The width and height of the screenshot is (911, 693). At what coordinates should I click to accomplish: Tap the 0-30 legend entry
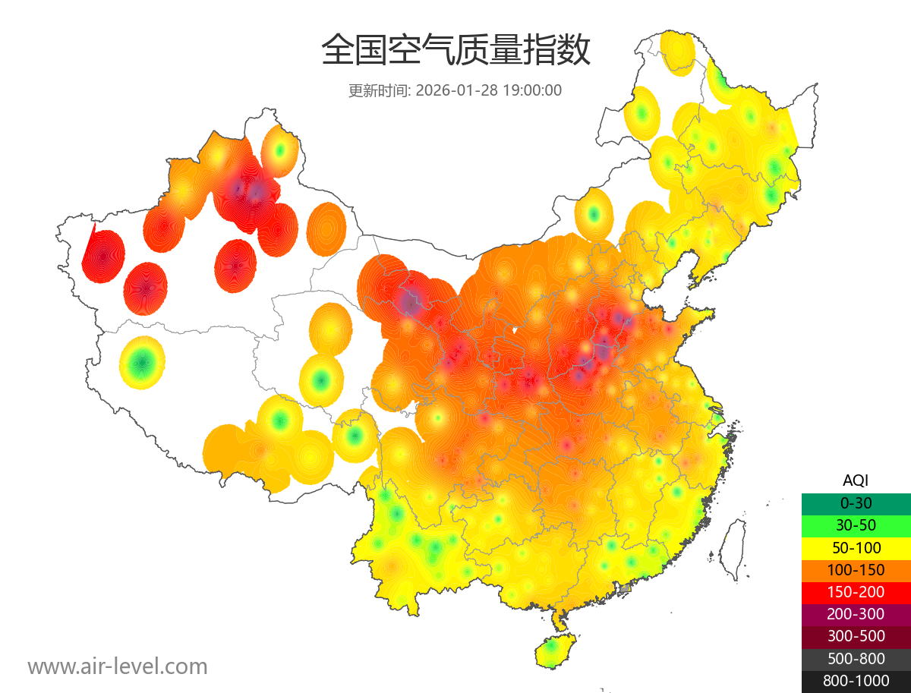coord(856,503)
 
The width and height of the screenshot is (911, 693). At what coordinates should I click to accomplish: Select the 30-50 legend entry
coord(856,525)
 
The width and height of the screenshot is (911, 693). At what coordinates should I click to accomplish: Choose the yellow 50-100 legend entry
coord(856,548)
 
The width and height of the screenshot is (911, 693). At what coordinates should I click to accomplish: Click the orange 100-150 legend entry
coord(856,570)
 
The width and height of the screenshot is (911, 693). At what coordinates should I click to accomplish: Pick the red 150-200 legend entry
coord(856,592)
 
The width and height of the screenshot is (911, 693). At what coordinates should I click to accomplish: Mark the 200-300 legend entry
coord(856,614)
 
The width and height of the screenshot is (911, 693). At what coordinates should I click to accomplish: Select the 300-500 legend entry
coord(856,636)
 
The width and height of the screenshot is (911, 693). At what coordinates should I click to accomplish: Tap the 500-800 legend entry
coord(856,658)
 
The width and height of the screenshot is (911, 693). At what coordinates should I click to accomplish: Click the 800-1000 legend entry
coord(856,681)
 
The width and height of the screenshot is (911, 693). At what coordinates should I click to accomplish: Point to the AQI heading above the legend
coord(856,480)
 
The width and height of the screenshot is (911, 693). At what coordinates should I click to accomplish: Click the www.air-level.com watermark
coord(118,667)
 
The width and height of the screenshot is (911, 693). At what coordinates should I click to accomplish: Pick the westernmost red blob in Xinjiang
coord(102,257)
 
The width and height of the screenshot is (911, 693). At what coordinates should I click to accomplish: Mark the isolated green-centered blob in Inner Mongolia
coord(594,215)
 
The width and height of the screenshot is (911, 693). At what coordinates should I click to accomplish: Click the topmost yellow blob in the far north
coord(677,50)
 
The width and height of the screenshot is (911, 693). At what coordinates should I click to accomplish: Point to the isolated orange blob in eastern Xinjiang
coord(327,227)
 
